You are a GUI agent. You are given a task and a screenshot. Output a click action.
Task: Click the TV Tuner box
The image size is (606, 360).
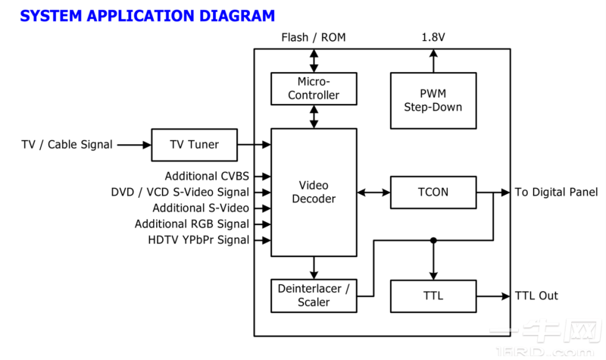coord(194,145)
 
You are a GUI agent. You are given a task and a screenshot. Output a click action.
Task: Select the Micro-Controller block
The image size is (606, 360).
coord(314,89)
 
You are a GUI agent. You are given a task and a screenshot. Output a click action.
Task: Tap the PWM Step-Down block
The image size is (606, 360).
coord(433,100)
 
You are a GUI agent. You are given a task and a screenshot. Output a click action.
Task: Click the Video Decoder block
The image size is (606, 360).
coord(314,193)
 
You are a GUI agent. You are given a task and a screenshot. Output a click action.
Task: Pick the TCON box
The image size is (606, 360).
coord(433,193)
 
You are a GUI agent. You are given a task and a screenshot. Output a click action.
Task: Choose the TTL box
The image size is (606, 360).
coord(433,296)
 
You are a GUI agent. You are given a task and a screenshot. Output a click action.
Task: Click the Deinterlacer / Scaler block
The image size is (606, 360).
coord(314,296)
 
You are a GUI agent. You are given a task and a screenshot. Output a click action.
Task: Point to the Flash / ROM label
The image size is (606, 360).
coord(314,37)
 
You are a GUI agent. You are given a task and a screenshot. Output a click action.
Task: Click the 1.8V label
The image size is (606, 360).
coord(433,37)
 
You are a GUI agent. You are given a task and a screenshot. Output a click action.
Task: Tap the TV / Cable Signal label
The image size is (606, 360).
coord(67,145)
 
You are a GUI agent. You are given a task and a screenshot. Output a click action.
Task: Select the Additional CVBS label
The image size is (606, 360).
coord(207,177)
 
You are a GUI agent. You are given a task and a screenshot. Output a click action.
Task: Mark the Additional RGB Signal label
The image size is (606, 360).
coord(192,224)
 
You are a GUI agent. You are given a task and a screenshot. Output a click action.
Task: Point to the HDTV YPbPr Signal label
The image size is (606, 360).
coord(198,240)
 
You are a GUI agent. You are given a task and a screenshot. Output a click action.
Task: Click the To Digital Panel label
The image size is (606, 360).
coord(556,193)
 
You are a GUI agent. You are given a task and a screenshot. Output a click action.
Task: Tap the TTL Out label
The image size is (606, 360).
coord(536,296)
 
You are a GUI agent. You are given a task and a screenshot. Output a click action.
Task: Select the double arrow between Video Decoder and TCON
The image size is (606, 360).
coord(373,193)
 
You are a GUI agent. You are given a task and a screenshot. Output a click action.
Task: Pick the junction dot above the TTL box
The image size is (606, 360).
coord(433,240)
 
